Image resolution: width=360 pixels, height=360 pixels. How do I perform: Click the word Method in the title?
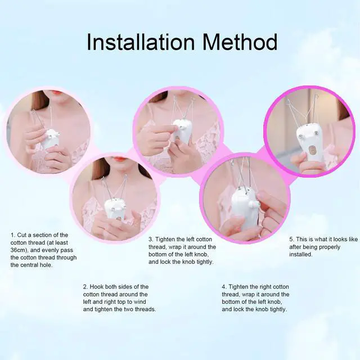240,42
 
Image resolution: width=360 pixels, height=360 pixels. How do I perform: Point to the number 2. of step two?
85,287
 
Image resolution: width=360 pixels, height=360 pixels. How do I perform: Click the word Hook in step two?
99,287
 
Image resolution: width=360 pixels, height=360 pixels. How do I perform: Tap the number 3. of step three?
151,239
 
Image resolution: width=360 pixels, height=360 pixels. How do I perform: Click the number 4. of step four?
224,287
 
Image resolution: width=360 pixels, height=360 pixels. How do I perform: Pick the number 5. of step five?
291,239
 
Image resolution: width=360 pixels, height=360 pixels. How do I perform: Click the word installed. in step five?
301,254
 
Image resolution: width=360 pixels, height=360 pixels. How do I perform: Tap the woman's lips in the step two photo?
120,159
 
